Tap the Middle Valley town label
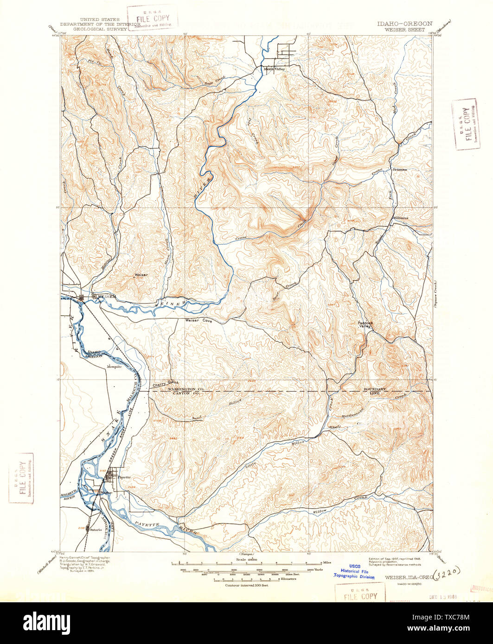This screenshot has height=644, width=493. point(274,69)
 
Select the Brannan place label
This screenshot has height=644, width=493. point(399,170)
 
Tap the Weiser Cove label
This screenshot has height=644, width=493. point(198,320)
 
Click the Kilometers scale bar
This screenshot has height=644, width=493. point(246,580)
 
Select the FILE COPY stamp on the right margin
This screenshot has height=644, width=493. point(465,124)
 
